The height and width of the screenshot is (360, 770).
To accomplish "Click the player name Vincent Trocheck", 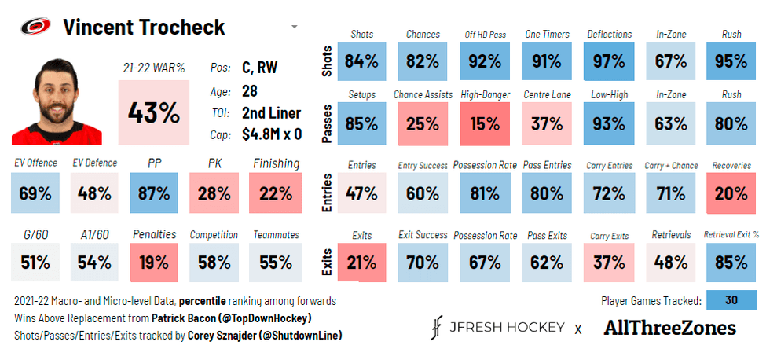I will [144, 27].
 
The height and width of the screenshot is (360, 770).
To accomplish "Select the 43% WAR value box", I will [153, 112].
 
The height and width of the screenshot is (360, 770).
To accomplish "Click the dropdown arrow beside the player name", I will [294, 27].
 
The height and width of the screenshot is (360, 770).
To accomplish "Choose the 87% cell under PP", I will [155, 193].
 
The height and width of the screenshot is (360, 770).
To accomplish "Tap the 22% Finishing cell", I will [276, 193].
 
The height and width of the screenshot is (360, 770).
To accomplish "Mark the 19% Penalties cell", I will [155, 263].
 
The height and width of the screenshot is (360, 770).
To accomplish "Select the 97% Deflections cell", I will [609, 61].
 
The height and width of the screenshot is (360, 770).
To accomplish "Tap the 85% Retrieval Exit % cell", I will [731, 263].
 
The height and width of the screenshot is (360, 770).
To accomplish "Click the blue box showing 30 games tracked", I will [731, 300].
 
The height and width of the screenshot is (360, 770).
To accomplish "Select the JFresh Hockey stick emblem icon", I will [438, 328].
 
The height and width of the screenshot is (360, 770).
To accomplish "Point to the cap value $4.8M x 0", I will [272, 134].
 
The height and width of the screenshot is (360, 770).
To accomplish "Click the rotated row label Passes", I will [328, 123].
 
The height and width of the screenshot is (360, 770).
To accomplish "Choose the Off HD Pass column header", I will [486, 35].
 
